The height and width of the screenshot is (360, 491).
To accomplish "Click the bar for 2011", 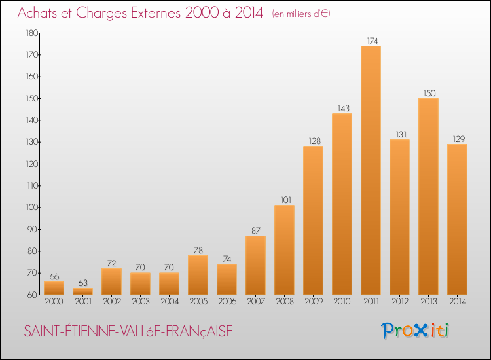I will [371, 170].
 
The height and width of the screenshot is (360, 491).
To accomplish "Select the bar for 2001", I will [82, 291].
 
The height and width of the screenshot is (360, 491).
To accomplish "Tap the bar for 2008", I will [284, 249].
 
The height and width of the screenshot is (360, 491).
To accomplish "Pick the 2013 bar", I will [428, 196].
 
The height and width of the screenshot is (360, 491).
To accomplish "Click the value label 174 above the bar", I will [371, 41].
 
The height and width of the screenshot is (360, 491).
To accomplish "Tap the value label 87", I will [255, 230].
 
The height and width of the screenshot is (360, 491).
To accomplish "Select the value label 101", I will [284, 200].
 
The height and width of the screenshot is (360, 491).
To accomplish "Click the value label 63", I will [82, 283].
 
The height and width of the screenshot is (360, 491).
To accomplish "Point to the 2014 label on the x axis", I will [457, 302].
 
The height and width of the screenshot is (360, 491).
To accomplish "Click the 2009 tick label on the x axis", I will [313, 302].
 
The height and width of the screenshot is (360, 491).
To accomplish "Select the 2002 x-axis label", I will [111, 302].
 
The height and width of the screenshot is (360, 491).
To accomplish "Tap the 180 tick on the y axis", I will [31, 33].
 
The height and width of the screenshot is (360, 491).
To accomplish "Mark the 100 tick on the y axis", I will [31, 207].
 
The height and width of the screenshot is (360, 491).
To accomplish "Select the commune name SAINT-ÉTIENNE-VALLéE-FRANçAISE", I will [128, 332].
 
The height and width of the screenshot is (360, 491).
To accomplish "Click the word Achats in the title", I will [41, 12].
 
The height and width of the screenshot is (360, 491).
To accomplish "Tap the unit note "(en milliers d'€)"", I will [301, 14].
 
